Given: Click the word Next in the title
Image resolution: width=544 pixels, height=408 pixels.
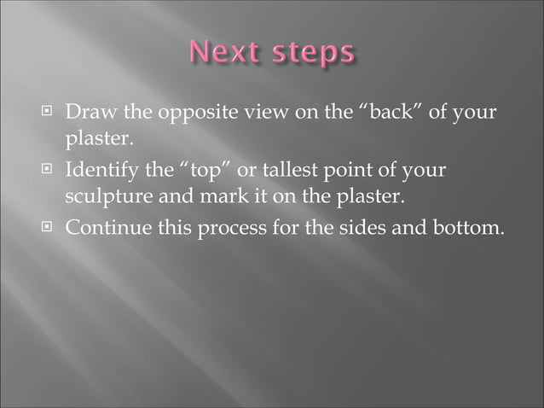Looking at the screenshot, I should (227, 54).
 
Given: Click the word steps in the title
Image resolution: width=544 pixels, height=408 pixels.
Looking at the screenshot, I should (313, 54).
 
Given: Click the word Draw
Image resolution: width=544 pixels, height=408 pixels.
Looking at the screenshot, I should (89, 113).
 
